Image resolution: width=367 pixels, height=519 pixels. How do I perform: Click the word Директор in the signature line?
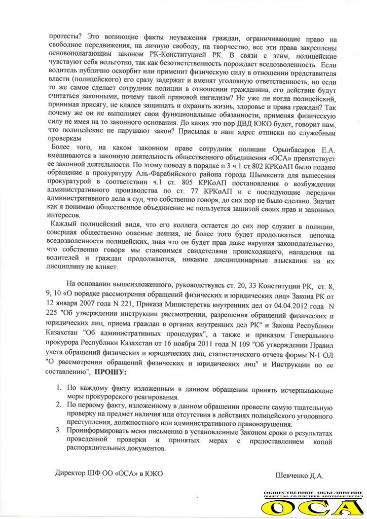71,473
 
